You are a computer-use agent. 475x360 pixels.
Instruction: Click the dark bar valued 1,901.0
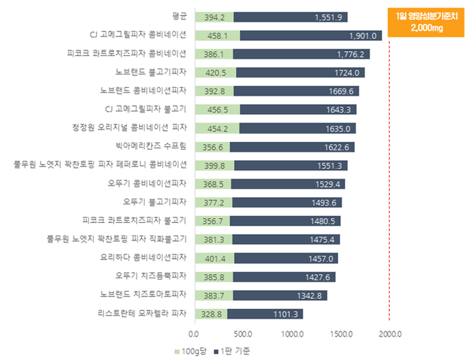click(310, 36)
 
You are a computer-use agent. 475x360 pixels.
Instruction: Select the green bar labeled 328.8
click(210, 314)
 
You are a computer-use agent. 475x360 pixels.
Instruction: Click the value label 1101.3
click(286, 314)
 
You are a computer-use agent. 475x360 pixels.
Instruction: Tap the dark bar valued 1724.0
click(300, 73)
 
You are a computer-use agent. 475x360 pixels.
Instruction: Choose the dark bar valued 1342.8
click(279, 295)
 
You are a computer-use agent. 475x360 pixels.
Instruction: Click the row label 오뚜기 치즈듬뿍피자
click(151, 275)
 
